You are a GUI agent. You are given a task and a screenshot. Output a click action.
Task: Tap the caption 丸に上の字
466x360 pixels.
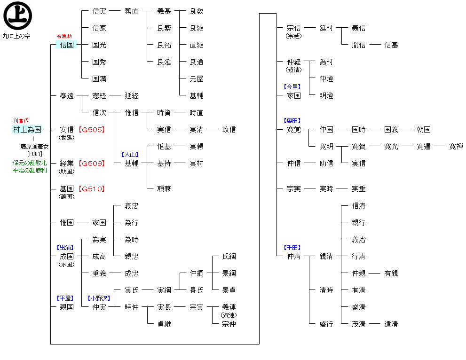coord(16,36)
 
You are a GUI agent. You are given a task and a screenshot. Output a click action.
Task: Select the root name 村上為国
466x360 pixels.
coord(27,129)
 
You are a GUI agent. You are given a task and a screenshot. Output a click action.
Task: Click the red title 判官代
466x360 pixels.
coord(21,121)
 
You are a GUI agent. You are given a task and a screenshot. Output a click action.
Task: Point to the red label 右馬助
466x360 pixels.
coord(64,36)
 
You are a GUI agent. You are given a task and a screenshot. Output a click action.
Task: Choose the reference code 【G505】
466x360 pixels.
coord(92,130)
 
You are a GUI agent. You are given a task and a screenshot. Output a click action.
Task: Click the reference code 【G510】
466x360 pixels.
coord(92,189)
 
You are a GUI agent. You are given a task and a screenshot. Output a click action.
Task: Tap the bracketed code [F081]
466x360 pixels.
coord(34,154)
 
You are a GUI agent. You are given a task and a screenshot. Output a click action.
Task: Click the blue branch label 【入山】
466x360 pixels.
coord(130,154)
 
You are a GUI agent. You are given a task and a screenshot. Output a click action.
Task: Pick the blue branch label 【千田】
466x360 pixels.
coord(292,247)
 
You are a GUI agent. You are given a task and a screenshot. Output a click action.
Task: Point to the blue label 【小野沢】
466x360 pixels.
coord(99,298)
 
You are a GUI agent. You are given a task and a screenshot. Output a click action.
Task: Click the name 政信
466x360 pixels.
coord(229,130)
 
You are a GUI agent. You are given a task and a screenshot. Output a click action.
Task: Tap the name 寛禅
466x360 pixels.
coord(456,147)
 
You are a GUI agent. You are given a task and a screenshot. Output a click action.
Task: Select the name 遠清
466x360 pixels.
coord(391,324)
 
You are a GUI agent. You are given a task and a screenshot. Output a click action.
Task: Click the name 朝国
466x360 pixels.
coord(424,130)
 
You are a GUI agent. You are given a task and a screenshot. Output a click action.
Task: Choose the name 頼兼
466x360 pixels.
coord(164,189)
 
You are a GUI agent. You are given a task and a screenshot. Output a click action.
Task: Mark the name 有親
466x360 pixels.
coord(391,274)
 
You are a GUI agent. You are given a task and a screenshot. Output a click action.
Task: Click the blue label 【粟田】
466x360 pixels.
coord(292,121)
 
